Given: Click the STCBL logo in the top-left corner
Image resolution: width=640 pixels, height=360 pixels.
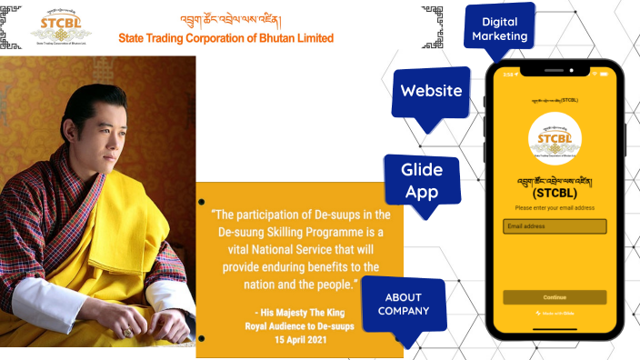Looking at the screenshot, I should [x=60, y=28].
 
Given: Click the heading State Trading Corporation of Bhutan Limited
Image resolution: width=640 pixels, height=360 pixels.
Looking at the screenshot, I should [x=226, y=38].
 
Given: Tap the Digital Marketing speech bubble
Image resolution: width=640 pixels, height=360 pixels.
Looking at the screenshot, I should [x=498, y=29].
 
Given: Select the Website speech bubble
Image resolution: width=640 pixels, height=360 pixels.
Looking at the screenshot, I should [x=431, y=90].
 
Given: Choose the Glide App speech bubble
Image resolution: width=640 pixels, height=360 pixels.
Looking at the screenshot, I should [x=421, y=180].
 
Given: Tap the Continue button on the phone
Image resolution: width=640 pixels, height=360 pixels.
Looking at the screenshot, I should [x=555, y=297].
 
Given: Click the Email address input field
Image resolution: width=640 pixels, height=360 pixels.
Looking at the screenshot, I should [x=555, y=226].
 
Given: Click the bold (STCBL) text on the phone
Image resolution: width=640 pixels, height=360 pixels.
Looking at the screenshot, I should [x=555, y=193].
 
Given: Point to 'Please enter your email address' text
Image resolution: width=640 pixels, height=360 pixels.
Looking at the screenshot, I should [x=555, y=208].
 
